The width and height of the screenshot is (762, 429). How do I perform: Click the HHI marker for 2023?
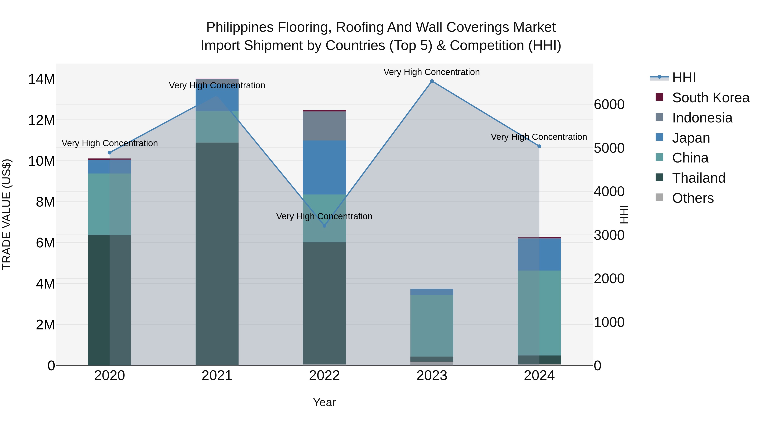432,81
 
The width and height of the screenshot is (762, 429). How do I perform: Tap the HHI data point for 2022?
324,226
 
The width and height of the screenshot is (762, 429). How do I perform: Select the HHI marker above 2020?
109,153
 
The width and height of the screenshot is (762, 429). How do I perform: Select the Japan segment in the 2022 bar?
324,167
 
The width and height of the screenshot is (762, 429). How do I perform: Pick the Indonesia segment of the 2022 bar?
324,126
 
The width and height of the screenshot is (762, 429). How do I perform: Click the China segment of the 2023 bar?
432,326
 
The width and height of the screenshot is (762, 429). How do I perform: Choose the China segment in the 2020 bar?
109,204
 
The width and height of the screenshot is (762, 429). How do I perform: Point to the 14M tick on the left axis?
41,79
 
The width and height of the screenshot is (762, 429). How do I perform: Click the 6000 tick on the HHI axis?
609,104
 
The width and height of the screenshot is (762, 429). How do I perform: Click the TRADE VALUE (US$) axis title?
7,214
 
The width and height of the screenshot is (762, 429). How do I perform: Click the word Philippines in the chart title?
240,27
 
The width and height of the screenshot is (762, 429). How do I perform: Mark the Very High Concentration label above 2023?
432,72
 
